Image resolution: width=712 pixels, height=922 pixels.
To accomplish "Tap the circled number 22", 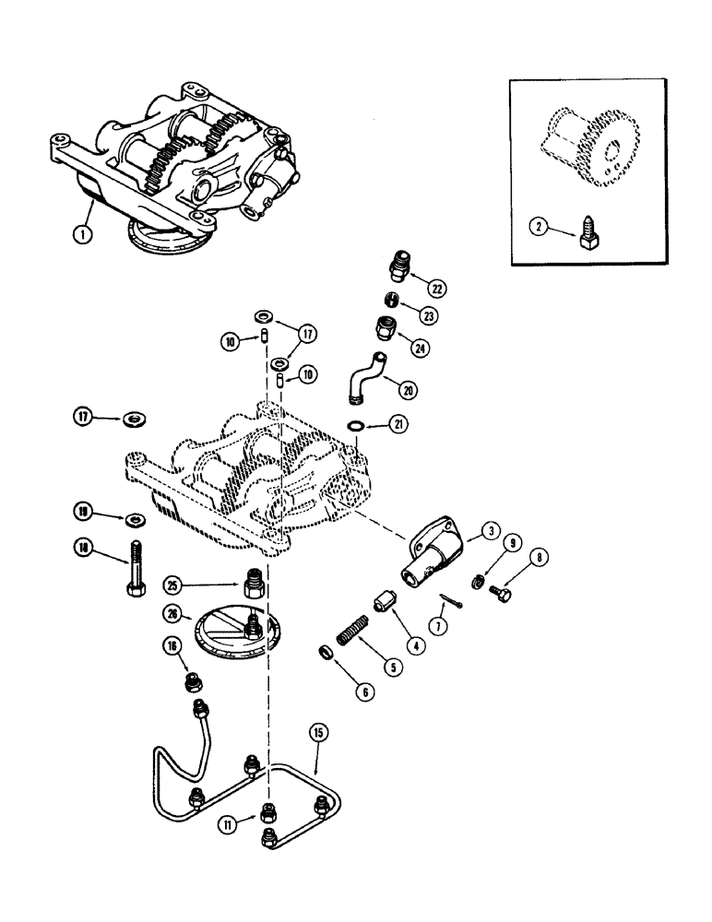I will (x=435, y=289).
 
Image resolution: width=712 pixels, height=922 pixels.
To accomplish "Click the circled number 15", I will (x=317, y=734).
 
